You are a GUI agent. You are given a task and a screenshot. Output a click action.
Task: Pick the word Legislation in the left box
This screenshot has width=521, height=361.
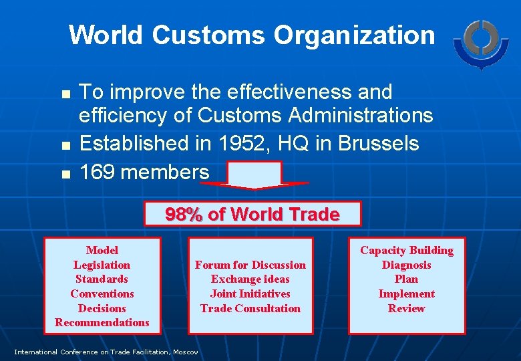pos(102,265)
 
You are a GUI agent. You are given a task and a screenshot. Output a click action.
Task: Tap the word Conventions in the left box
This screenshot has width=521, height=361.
pos(102,293)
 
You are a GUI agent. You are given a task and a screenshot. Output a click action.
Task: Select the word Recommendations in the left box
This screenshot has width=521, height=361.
pos(102,323)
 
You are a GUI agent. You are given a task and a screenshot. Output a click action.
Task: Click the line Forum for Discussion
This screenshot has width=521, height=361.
pos(250,265)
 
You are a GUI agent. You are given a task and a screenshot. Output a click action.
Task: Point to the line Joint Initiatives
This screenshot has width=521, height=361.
pos(250,293)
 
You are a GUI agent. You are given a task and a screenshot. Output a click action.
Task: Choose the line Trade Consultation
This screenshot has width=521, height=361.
pos(250,308)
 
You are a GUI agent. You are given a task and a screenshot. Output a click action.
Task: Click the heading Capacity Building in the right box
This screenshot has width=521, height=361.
pos(407,250)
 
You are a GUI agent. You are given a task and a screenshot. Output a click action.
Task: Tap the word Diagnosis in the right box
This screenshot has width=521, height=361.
pos(407,265)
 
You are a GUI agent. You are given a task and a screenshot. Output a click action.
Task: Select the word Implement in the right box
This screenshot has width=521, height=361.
pos(407,293)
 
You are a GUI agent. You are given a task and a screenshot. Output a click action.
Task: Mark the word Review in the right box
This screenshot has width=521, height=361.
pos(407,308)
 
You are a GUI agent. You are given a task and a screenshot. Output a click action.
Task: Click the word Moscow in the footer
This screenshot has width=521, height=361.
pos(185,352)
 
